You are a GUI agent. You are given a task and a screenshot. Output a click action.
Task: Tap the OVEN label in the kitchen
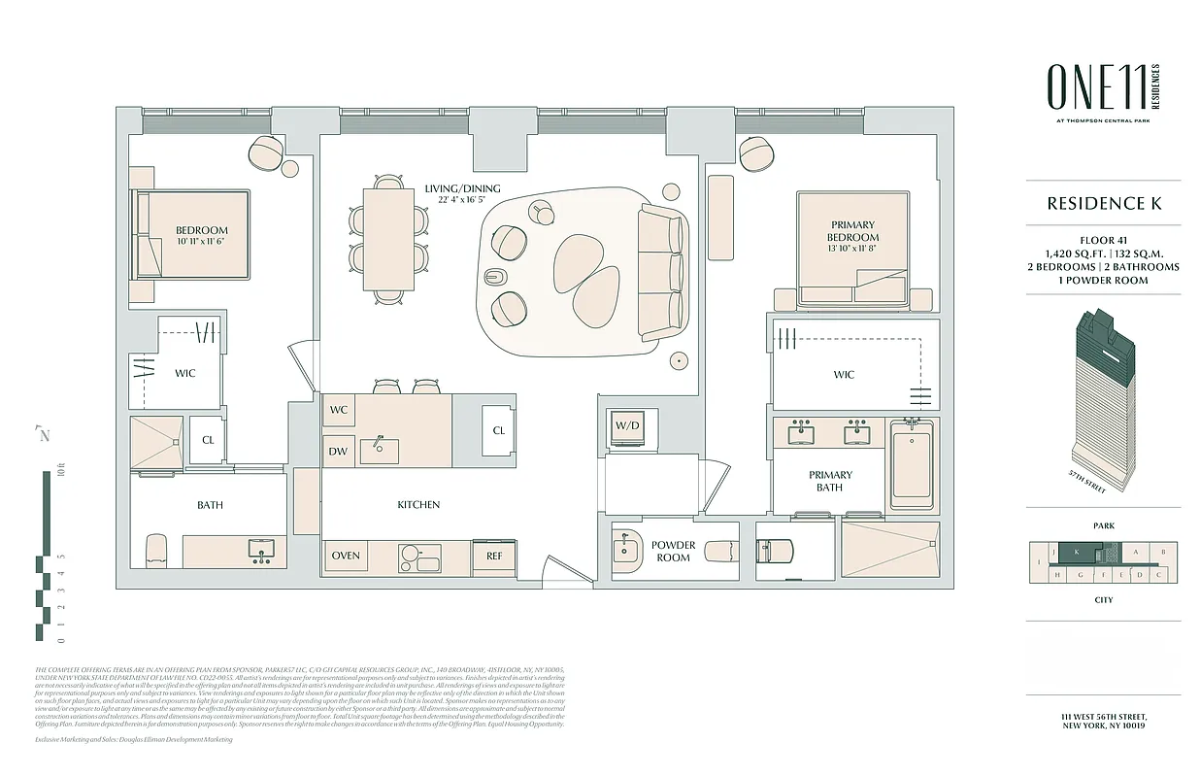point(346,556)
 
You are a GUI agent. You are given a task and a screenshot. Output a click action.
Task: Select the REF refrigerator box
point(494,556)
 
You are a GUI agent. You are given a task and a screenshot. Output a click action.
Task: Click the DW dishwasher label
point(338,450)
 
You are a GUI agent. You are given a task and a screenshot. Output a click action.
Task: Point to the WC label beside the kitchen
point(338,410)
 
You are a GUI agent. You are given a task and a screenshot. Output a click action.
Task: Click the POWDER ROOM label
point(673,551)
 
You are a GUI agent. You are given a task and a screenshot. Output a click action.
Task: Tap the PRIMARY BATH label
point(829,481)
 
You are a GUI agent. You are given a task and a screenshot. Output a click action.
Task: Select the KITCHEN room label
point(418,505)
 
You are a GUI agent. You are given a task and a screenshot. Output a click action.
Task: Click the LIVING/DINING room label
point(463,188)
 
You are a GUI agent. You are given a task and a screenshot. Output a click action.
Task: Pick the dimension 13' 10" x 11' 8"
point(852,250)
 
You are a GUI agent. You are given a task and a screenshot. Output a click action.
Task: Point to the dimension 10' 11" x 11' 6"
point(201,242)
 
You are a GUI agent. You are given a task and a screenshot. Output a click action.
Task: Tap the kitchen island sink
point(379,450)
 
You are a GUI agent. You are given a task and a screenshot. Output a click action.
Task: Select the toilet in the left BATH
point(156,550)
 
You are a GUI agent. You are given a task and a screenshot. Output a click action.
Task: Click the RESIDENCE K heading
point(1104,203)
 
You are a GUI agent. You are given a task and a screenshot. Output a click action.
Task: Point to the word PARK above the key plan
point(1103,525)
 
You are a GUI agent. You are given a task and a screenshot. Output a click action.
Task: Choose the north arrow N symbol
point(42,434)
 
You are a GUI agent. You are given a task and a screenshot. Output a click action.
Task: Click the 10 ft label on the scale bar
point(60,473)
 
